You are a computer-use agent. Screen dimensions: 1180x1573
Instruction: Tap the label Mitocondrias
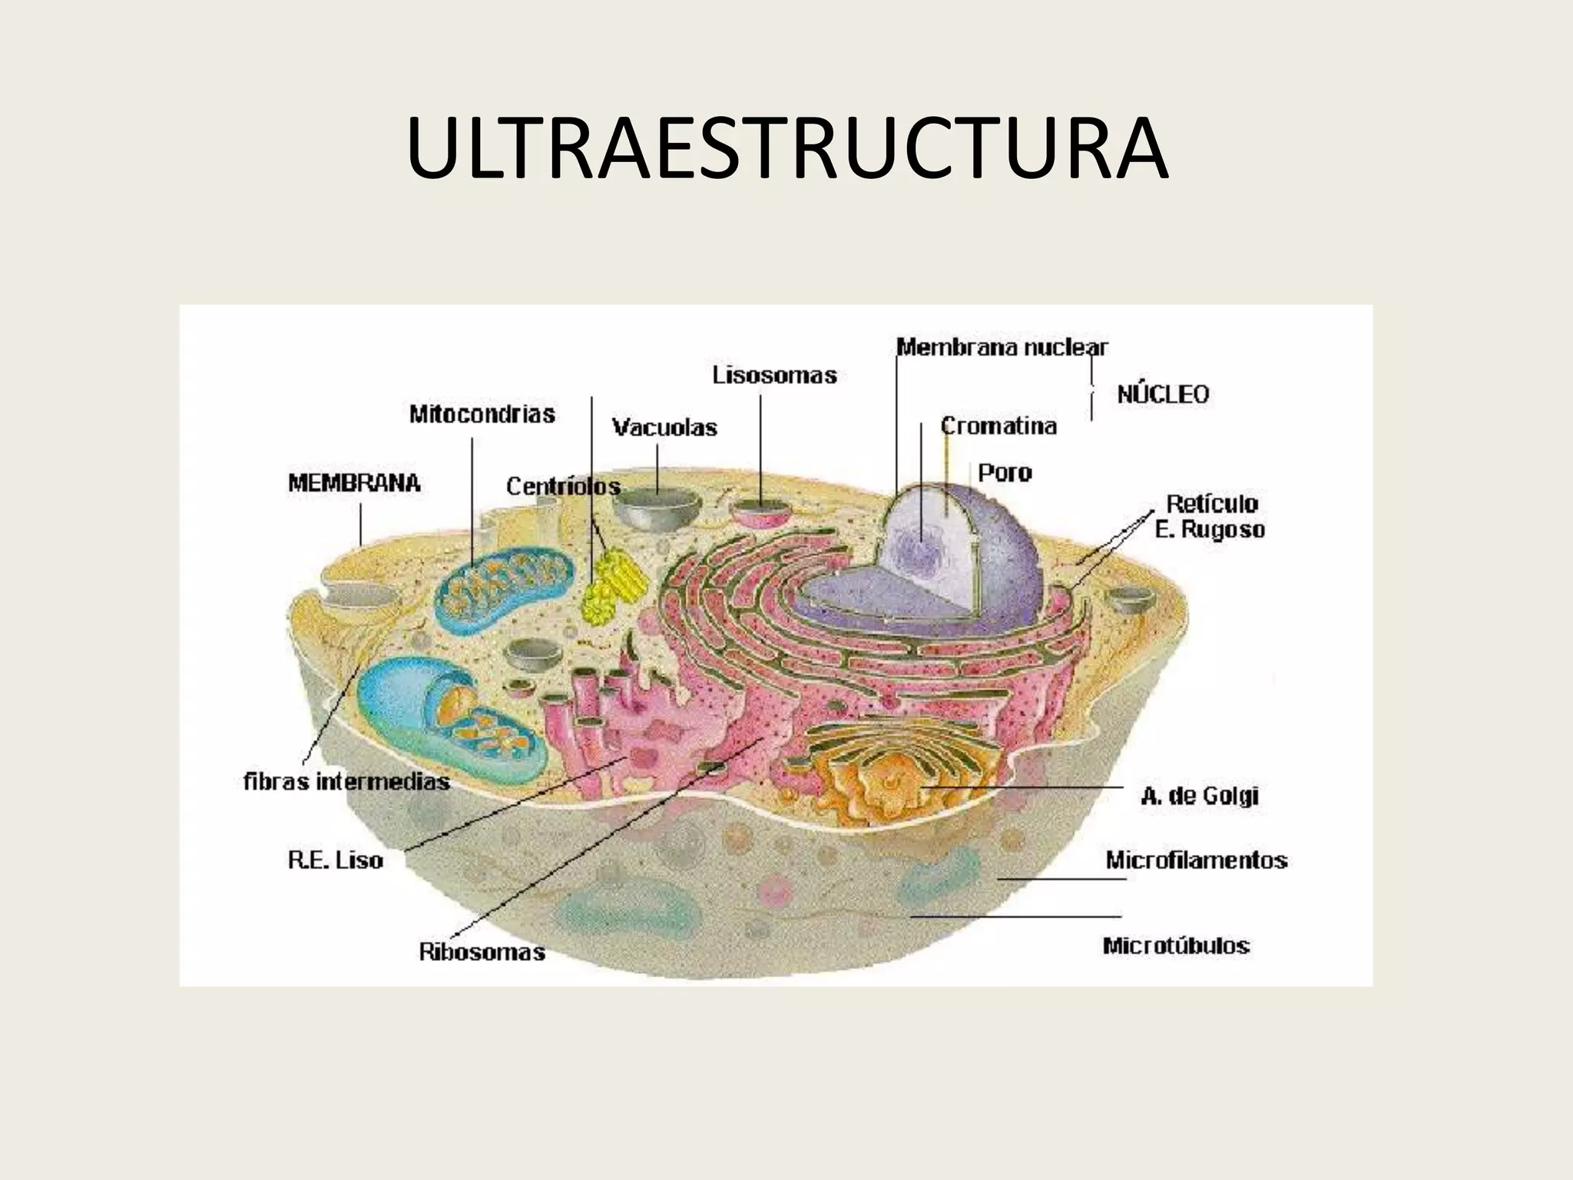pos(482,415)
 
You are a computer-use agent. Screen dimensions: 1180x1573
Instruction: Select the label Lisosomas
pos(774,376)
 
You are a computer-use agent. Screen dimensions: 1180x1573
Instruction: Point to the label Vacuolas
pos(664,428)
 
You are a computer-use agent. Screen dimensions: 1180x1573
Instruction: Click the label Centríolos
pos(563,486)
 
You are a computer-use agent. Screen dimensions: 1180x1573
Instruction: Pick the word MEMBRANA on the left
pos(354,483)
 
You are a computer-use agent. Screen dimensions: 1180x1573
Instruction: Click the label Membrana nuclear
pos(1002,348)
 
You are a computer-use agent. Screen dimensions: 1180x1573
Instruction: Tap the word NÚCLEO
pos(1162,395)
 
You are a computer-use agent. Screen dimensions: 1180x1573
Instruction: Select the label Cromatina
pos(998,426)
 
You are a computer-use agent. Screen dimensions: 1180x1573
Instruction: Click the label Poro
pos(1005,472)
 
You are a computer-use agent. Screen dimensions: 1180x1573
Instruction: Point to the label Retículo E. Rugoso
pos(1210,516)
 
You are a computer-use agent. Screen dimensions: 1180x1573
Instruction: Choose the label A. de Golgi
pos(1199,796)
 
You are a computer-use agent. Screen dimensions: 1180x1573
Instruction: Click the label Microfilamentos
pos(1196,860)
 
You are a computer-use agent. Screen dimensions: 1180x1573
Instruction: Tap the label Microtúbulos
pos(1176,945)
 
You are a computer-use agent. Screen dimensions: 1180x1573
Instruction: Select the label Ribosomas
pos(482,953)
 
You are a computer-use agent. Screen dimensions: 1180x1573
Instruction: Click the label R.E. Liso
pos(336,860)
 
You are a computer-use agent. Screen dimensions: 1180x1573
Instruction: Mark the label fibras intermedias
pos(346,782)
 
